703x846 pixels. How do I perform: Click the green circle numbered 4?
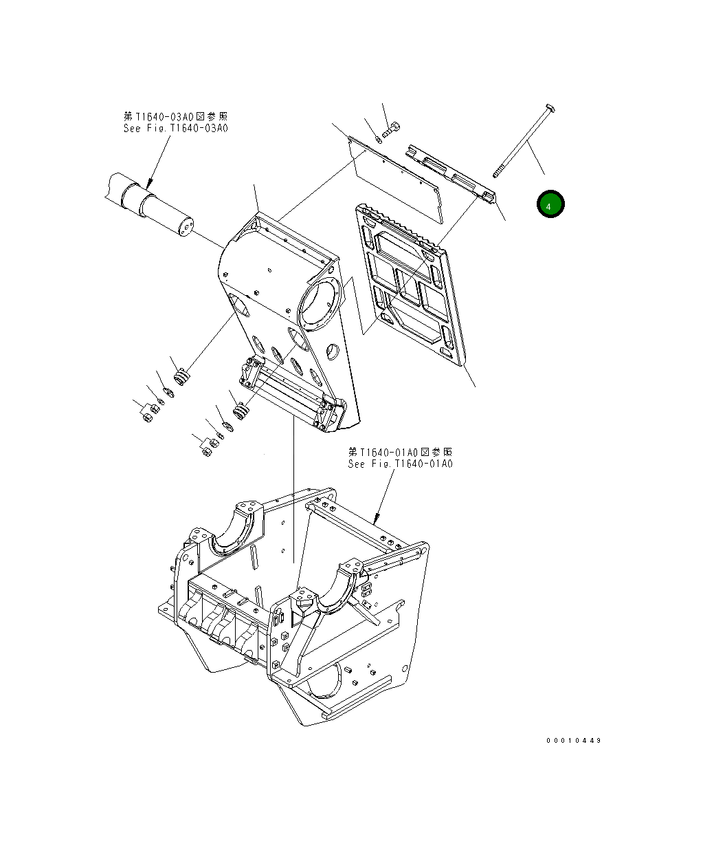pos(550,204)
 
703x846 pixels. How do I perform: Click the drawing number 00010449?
pos(574,741)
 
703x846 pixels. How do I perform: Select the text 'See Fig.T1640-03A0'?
pos(175,128)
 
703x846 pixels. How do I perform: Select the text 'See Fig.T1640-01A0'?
pos(400,464)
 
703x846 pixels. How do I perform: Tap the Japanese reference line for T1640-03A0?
pos(175,117)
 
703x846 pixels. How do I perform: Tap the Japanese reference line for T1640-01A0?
pos(400,452)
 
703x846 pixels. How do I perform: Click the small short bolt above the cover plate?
pos(392,128)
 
